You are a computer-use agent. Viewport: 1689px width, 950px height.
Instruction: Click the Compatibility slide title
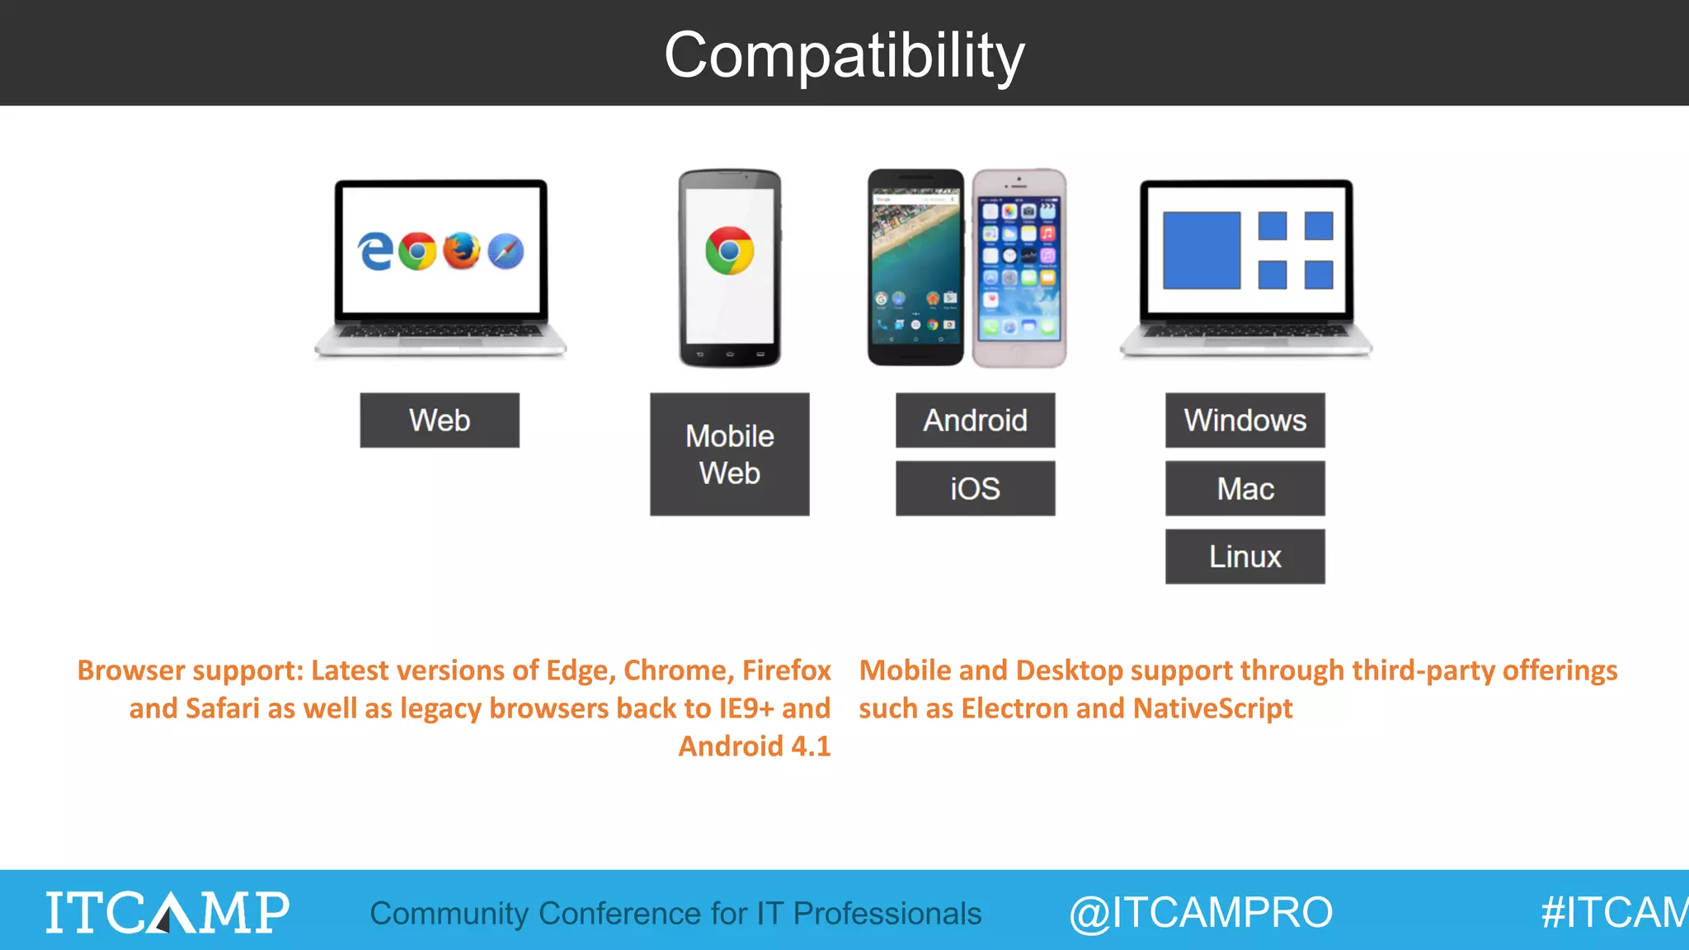pyautogui.click(x=844, y=55)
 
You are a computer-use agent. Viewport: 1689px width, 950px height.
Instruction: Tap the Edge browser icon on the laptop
pyautogui.click(x=375, y=251)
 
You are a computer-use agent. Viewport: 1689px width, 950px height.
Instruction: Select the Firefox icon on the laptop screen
pyautogui.click(x=461, y=251)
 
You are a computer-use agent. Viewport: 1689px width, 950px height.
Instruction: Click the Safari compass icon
pyautogui.click(x=506, y=251)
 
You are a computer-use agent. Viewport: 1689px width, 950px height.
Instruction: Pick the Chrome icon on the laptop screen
pyautogui.click(x=417, y=251)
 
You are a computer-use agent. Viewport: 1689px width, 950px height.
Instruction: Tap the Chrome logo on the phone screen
pyautogui.click(x=729, y=251)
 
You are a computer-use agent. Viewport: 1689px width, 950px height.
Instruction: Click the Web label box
pyautogui.click(x=440, y=421)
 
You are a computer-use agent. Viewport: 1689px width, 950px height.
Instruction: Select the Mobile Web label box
pyautogui.click(x=729, y=454)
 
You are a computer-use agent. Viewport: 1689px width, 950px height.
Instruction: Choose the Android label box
pyautogui.click(x=975, y=421)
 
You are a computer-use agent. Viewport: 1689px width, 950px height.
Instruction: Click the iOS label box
pyautogui.click(x=975, y=489)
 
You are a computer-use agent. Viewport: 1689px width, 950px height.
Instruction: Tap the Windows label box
pyautogui.click(x=1244, y=421)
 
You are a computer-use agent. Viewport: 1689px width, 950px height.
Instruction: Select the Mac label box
pyautogui.click(x=1244, y=489)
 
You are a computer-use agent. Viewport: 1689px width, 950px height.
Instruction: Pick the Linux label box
pyautogui.click(x=1244, y=557)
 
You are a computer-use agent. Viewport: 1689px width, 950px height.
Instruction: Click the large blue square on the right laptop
pyautogui.click(x=1201, y=251)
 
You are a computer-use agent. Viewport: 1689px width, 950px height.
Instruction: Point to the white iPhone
pyautogui.click(x=1019, y=268)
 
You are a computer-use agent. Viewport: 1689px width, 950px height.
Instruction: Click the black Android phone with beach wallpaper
pyautogui.click(x=915, y=268)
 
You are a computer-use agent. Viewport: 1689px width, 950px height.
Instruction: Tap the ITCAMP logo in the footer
pyautogui.click(x=167, y=912)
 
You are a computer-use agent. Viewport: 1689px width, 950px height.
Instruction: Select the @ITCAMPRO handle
pyautogui.click(x=1200, y=912)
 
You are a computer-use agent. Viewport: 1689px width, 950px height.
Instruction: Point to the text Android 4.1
pyautogui.click(x=754, y=746)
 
